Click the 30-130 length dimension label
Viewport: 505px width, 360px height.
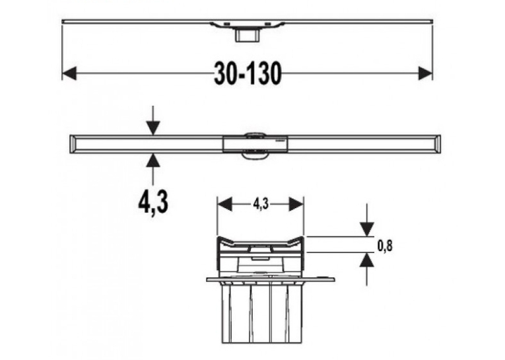(x=248, y=74)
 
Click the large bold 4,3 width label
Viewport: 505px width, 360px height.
(x=153, y=202)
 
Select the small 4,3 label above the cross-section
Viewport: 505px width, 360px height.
(x=261, y=204)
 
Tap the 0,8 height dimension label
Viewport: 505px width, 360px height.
(x=385, y=246)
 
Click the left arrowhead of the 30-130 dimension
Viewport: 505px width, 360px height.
(x=69, y=73)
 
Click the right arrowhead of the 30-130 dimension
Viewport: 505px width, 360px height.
(x=425, y=73)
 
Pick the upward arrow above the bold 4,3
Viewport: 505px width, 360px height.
(x=153, y=169)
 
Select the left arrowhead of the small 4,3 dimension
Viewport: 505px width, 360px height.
(x=224, y=204)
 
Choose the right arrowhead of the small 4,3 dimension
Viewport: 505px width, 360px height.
(x=296, y=204)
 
